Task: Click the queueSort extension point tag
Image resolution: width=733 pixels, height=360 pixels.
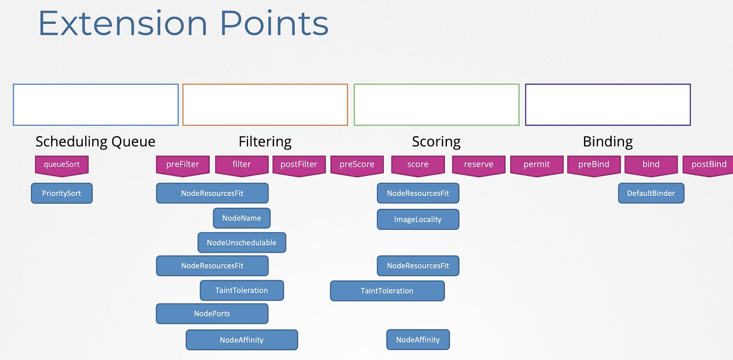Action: (x=62, y=166)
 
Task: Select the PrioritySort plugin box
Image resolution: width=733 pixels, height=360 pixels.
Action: (x=62, y=193)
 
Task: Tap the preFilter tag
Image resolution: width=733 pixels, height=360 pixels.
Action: (x=183, y=166)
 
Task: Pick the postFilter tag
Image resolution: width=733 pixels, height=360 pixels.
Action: (x=299, y=166)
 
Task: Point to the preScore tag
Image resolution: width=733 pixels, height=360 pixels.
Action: (x=357, y=166)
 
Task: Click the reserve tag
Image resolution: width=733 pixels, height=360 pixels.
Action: (x=478, y=166)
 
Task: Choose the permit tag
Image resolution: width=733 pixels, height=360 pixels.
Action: (x=536, y=166)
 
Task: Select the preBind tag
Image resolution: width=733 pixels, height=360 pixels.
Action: (x=594, y=166)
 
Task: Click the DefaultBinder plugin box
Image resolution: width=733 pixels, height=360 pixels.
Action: (x=651, y=193)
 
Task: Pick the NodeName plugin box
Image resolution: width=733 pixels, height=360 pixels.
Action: (x=242, y=218)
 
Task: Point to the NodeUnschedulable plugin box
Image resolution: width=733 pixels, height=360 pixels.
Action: (x=242, y=242)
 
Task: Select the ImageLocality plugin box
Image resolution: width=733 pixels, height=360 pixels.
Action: (x=418, y=219)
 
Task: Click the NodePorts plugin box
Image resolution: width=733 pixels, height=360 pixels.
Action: (x=212, y=313)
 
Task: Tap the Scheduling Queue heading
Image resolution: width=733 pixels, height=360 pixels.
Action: (x=95, y=142)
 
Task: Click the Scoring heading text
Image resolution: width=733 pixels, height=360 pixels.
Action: (x=436, y=142)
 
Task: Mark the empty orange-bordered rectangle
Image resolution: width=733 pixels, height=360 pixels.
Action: (x=265, y=84)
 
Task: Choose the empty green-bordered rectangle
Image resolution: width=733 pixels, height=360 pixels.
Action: (x=436, y=84)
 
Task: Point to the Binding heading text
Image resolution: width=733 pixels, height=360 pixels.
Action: (x=608, y=142)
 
